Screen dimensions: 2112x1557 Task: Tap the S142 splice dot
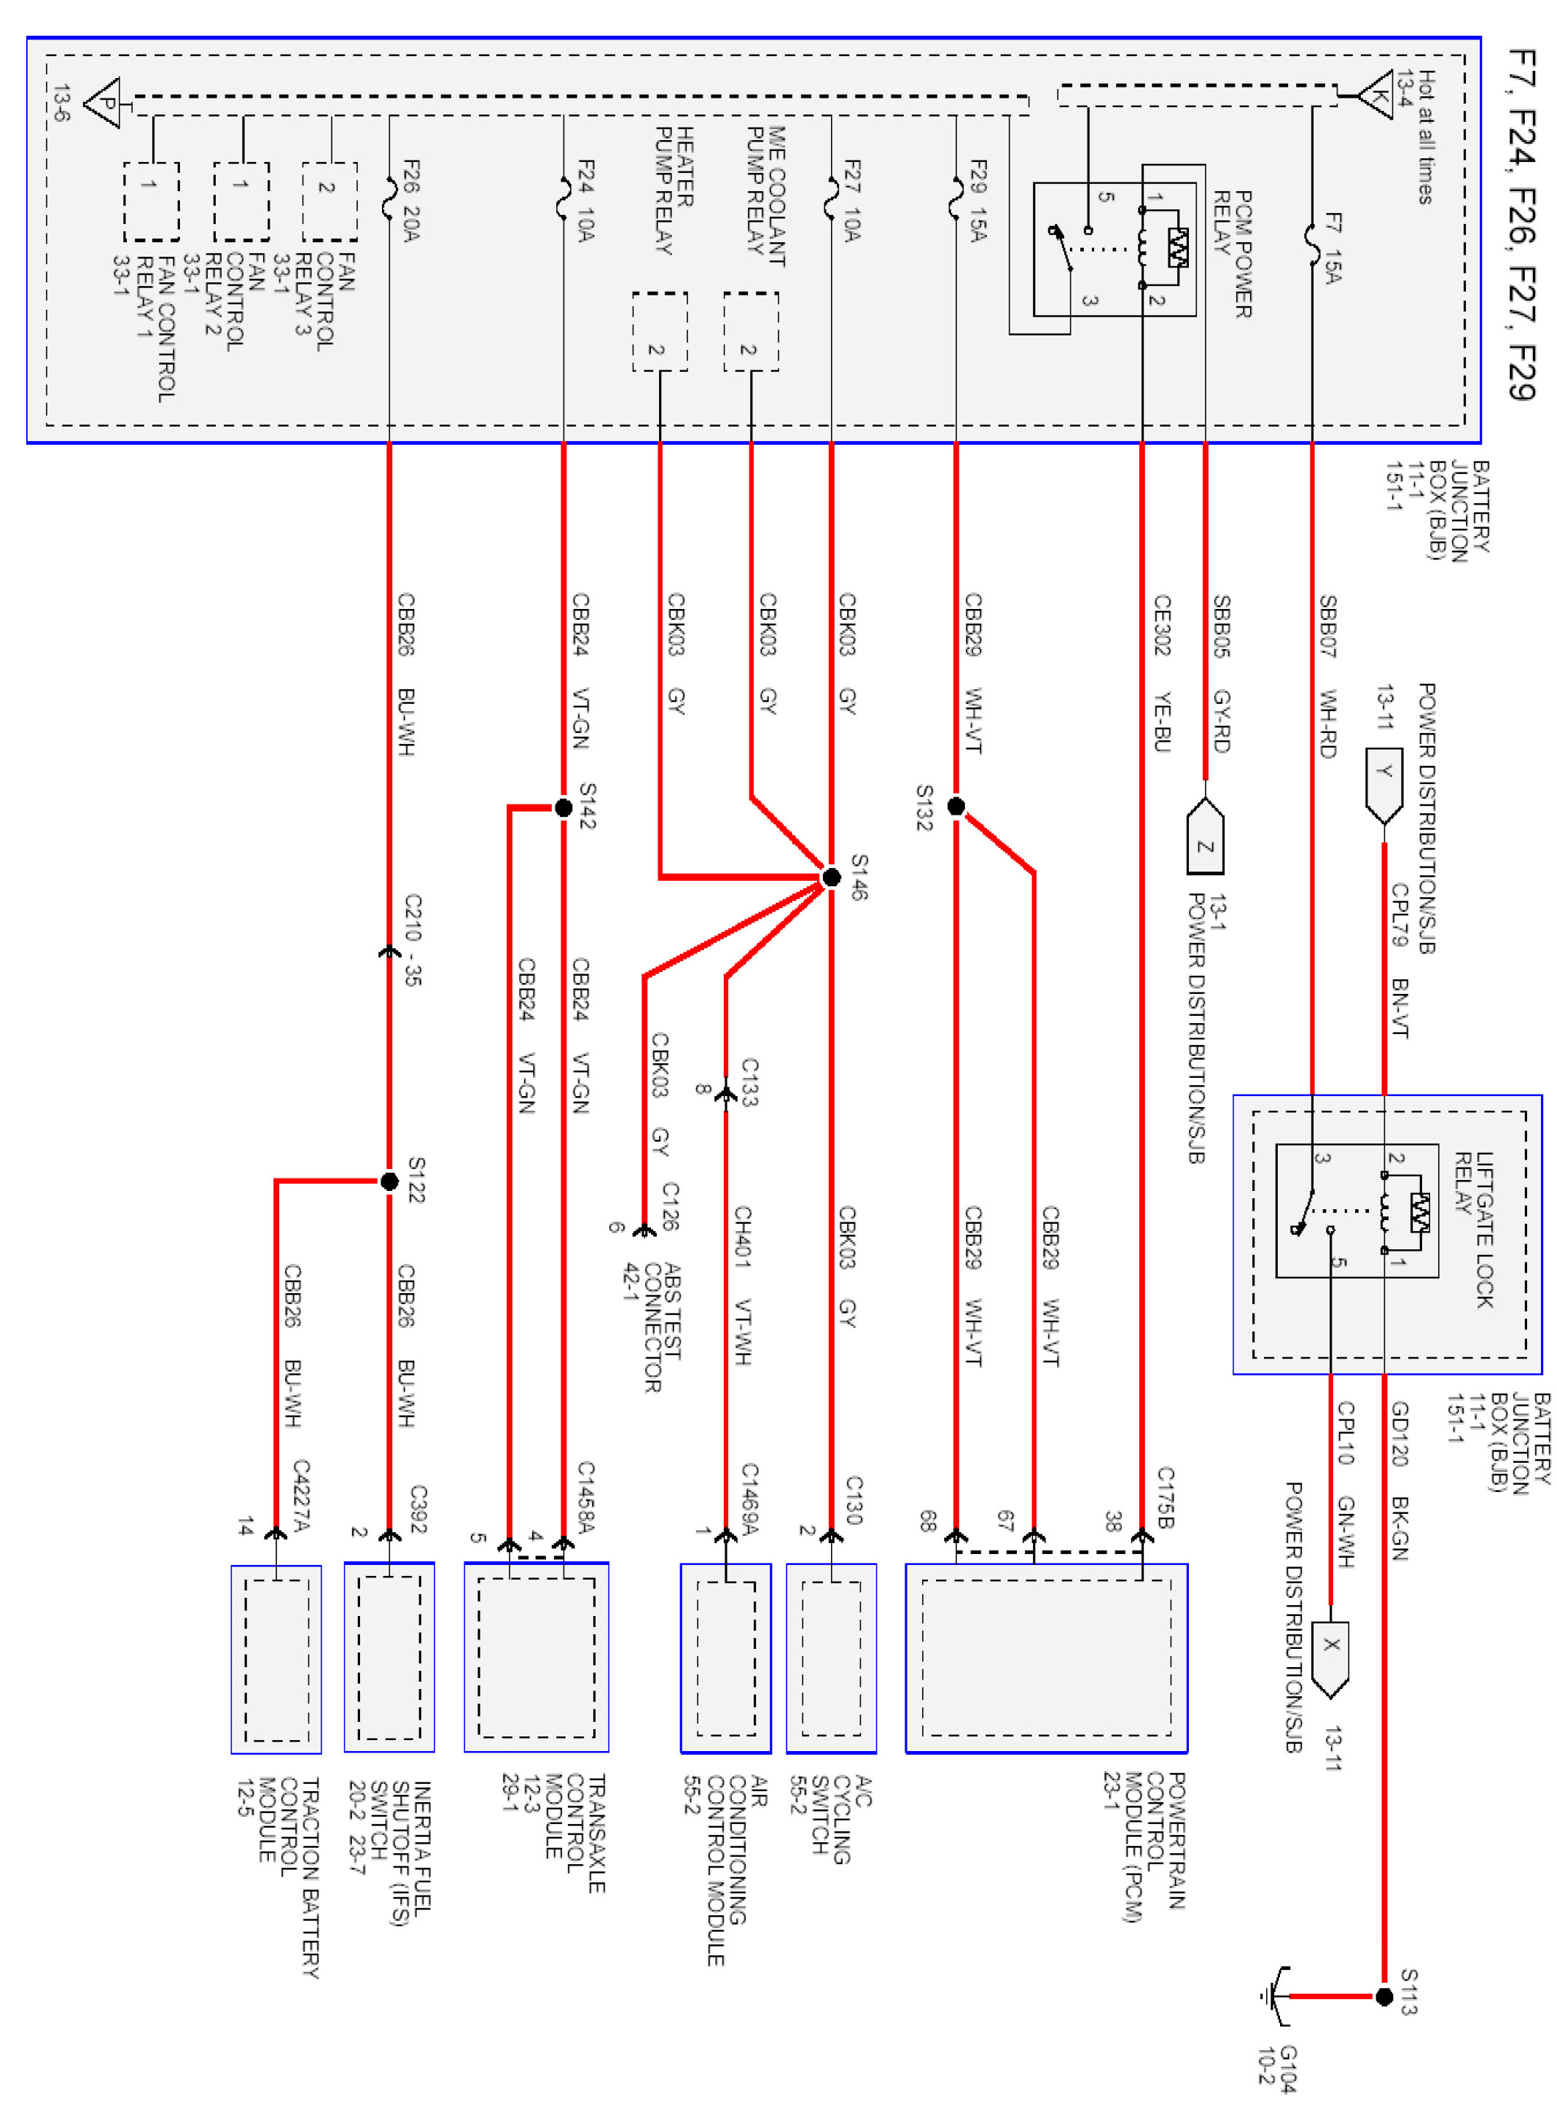tap(563, 807)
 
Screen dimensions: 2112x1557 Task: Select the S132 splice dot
tap(956, 806)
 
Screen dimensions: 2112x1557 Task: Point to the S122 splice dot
tap(389, 1181)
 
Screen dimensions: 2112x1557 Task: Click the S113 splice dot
tap(1384, 1996)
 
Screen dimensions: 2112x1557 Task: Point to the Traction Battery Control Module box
tap(276, 1658)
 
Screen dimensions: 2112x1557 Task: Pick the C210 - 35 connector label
tap(413, 940)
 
